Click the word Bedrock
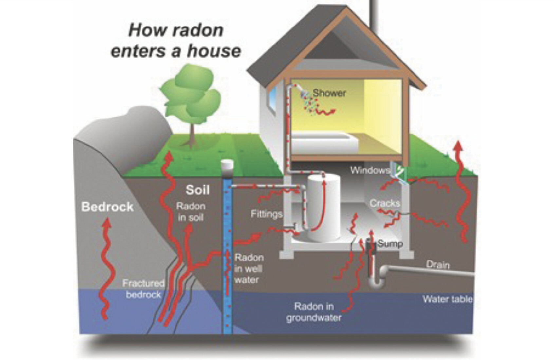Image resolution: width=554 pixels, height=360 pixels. point(107,207)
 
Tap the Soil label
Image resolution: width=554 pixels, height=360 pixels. point(197,190)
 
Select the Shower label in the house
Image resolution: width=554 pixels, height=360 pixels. point(329,93)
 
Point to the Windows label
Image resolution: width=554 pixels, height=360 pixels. point(369,170)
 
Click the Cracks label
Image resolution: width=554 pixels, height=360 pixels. point(385,203)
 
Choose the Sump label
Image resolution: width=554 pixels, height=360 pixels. point(390,243)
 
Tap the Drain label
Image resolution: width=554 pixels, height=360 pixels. point(438,264)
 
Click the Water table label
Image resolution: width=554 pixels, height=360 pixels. point(447,299)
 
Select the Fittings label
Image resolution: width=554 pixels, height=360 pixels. point(267,214)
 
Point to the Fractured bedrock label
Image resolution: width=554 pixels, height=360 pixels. point(143,289)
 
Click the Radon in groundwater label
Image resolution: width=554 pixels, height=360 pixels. point(314,312)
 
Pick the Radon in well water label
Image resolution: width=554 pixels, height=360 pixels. point(249,269)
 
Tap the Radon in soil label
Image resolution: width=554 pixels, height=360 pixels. point(191,212)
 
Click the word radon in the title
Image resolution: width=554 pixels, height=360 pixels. point(198,30)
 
